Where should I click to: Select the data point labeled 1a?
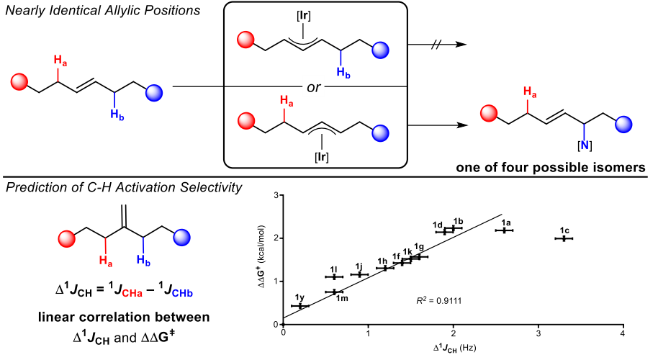click(x=504, y=230)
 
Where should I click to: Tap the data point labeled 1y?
click(x=300, y=306)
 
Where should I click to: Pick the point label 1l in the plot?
click(x=334, y=269)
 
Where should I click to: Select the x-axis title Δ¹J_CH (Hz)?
click(x=453, y=348)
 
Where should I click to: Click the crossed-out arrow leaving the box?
click(x=436, y=45)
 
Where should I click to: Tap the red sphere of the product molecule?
click(x=490, y=114)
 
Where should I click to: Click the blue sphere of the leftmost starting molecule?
click(x=155, y=93)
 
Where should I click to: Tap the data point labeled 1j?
click(x=359, y=274)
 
